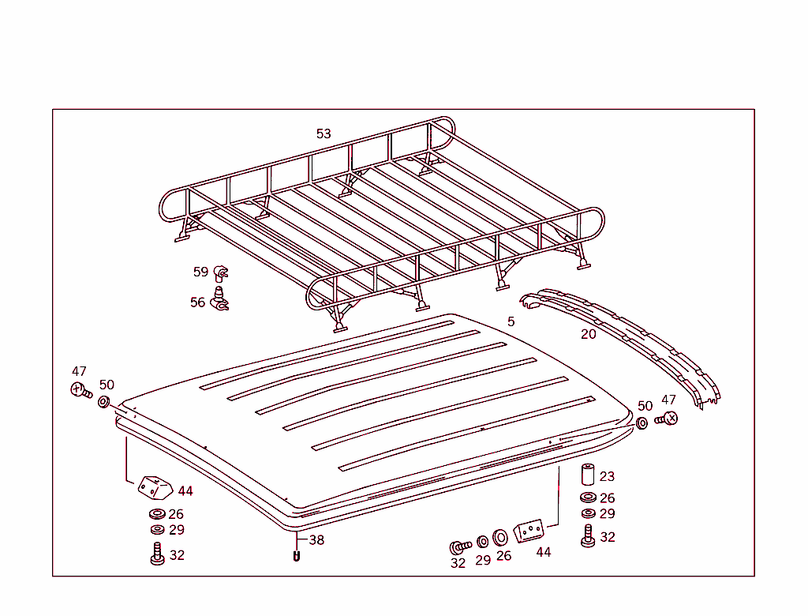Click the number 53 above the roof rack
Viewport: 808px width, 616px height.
[324, 133]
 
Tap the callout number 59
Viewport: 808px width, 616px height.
[200, 272]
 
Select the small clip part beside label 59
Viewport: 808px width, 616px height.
[221, 272]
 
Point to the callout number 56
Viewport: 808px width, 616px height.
[197, 302]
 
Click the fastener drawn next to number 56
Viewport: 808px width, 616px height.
[220, 299]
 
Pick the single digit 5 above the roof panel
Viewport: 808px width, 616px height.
[511, 321]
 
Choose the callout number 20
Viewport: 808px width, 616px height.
[588, 334]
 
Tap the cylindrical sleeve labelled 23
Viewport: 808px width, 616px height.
[588, 475]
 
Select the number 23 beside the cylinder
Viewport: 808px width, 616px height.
[607, 476]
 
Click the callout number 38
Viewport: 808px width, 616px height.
[316, 540]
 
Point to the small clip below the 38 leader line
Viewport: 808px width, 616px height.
[297, 557]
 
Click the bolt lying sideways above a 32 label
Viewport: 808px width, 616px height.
[460, 547]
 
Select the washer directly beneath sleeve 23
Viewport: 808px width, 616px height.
[588, 498]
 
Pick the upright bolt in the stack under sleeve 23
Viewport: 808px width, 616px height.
[588, 536]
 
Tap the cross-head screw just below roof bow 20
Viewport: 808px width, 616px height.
[667, 419]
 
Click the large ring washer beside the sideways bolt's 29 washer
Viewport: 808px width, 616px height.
[500, 538]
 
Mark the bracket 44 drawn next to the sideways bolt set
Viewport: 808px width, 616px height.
[529, 531]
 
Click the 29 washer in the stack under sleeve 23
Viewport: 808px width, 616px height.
[588, 513]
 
